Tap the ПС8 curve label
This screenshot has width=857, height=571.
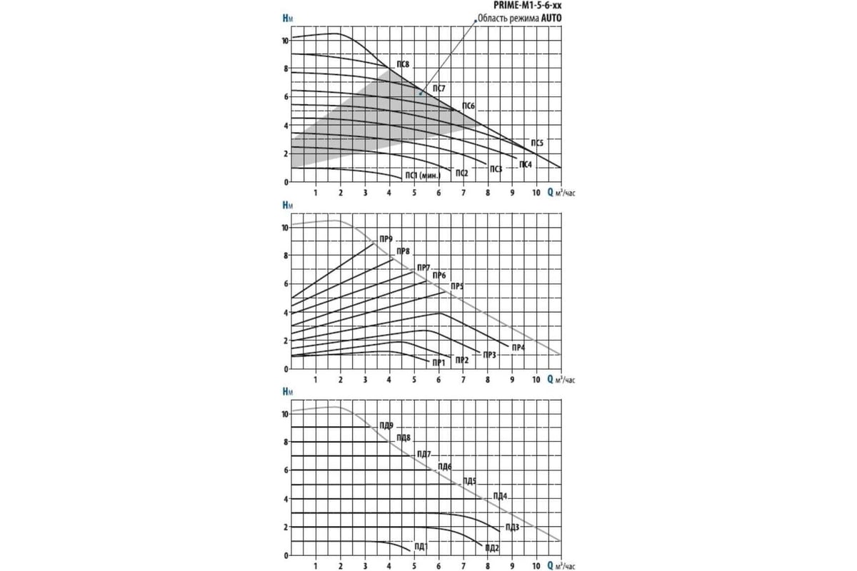click(403, 65)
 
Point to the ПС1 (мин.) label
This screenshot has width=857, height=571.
click(423, 176)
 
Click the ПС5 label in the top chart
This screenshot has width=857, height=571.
click(537, 142)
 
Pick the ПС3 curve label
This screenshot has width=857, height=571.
click(496, 169)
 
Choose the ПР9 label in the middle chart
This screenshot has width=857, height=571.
click(386, 238)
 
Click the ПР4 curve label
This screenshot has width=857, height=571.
click(518, 347)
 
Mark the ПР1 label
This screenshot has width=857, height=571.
click(438, 363)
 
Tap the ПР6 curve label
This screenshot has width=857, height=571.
click(439, 276)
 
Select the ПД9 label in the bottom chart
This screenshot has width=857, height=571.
click(386, 425)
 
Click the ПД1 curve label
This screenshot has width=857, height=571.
click(421, 547)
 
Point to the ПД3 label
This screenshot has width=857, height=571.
click(511, 527)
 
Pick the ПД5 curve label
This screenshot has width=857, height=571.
click(469, 480)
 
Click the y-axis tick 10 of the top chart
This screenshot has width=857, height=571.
click(285, 41)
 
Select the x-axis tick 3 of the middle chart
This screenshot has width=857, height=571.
click(365, 379)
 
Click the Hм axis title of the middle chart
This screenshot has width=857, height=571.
click(287, 205)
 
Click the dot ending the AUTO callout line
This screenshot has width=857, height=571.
click(421, 93)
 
